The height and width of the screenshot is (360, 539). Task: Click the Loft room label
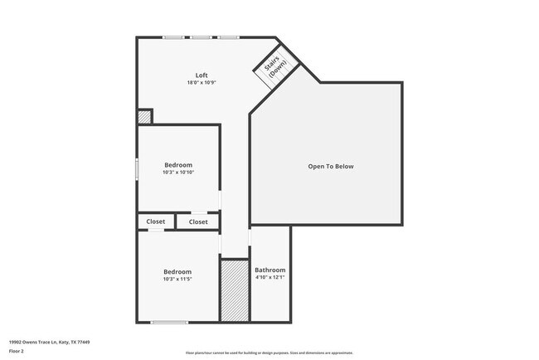coord(202,75)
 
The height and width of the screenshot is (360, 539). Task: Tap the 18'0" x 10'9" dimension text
coord(202,83)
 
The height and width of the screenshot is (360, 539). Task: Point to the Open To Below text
coord(331,167)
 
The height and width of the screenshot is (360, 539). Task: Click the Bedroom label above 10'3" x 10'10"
coord(178,165)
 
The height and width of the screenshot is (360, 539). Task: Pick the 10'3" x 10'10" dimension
coord(178,173)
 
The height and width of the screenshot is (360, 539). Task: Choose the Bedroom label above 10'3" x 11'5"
coord(177,272)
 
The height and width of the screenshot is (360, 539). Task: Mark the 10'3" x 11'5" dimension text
coord(177,280)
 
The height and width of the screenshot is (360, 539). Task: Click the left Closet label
coord(156,222)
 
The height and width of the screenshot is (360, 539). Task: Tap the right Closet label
coord(198,222)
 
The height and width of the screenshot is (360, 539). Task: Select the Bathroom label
coord(270,270)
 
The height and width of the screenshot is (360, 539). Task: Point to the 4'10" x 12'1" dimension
coord(270,277)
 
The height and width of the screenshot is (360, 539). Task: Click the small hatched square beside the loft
coord(144,117)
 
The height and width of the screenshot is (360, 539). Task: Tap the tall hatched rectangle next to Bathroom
coord(235,290)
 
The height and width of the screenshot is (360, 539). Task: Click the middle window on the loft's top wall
coord(201,37)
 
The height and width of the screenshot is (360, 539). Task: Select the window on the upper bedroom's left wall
coord(138,168)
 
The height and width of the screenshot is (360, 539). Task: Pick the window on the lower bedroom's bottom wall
coord(169,322)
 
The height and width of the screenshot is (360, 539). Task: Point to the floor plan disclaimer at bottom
coord(269,353)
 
